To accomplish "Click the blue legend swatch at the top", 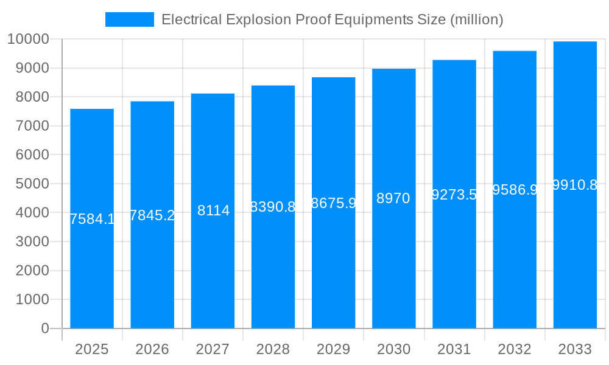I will [x=129, y=19].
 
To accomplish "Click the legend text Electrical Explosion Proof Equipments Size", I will [x=332, y=19].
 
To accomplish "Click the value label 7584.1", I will [x=92, y=219].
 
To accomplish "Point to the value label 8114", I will [x=213, y=210].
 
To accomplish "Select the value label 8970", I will [x=393, y=198].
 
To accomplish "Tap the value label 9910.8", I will [x=575, y=185].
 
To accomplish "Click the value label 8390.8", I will [x=273, y=207].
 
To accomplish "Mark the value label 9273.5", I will [x=454, y=195].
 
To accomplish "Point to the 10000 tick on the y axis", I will [x=27, y=40].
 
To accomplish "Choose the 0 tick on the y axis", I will [x=44, y=328].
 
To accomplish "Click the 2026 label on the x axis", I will [x=152, y=349].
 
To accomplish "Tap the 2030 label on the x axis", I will [x=393, y=349].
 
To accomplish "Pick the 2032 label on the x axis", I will [x=515, y=349].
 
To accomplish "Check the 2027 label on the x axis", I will [x=213, y=349].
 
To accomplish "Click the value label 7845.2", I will [x=152, y=215].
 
